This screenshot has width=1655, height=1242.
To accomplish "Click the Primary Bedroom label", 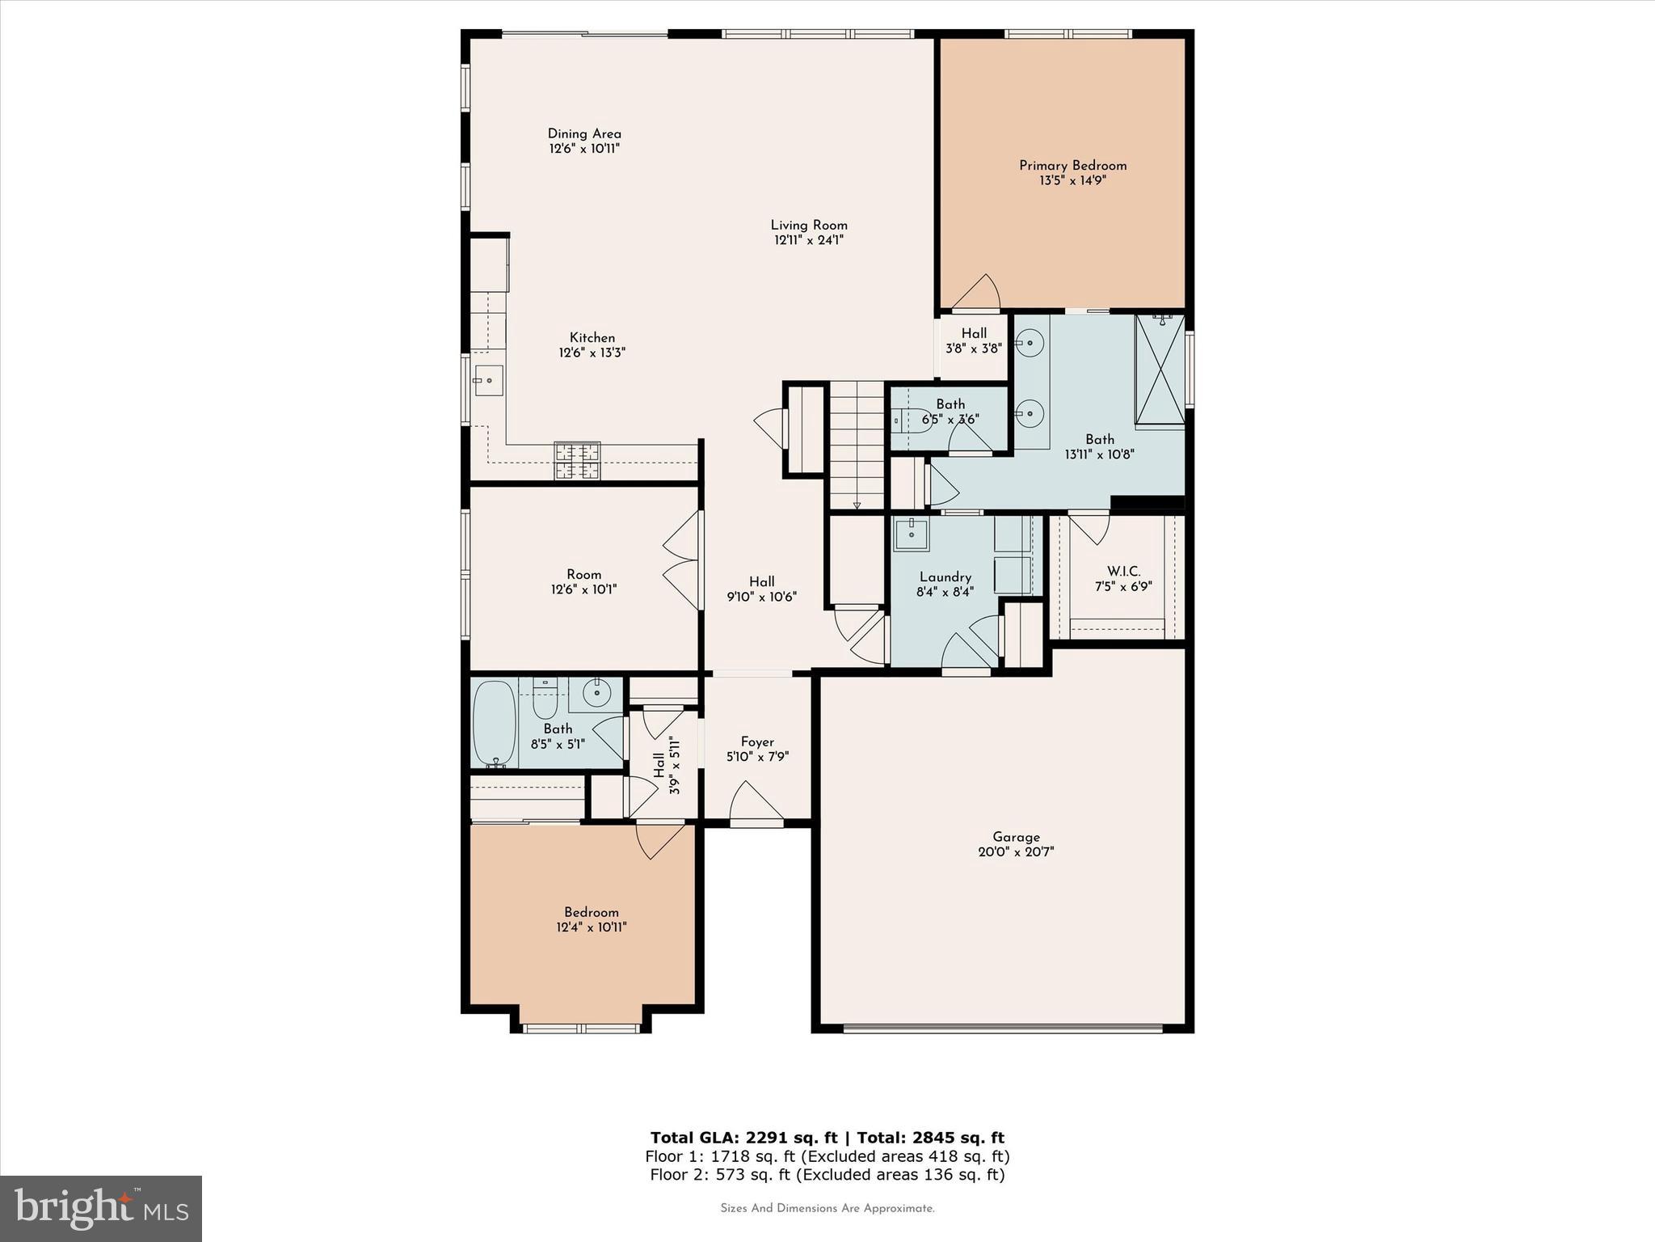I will point(1072,166).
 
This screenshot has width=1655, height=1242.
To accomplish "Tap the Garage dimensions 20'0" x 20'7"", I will point(1016,851).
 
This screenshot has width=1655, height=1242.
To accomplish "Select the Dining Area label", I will point(584,134).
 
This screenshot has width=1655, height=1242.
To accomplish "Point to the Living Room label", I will point(809,226).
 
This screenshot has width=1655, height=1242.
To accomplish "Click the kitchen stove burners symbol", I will point(577,461).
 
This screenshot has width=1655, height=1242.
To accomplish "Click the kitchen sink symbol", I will point(488,380).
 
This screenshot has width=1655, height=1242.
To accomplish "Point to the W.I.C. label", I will point(1123,572).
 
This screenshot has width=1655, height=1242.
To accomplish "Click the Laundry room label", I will point(945,577).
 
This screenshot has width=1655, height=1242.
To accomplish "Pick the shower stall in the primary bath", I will point(1160,370).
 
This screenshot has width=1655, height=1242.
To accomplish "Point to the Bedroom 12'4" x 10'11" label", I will point(592,912).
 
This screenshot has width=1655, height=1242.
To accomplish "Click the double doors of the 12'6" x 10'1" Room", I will point(683,560).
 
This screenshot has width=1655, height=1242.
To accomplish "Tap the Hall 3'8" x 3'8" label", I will point(974,333).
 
